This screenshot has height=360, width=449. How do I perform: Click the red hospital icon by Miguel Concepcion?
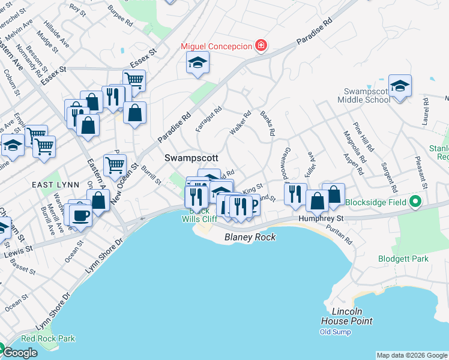[261, 46]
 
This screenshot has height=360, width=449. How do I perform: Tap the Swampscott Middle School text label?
[367, 95]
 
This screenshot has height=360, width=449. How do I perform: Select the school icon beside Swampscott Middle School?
[400, 86]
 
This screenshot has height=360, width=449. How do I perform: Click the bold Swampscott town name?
[191, 157]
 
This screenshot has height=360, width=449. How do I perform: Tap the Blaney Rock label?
[250, 237]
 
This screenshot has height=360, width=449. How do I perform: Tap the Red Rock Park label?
[50, 338]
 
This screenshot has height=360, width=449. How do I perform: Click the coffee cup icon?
[80, 215]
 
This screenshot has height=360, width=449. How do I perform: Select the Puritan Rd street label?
[340, 234]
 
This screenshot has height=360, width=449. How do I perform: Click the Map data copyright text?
[412, 355]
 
